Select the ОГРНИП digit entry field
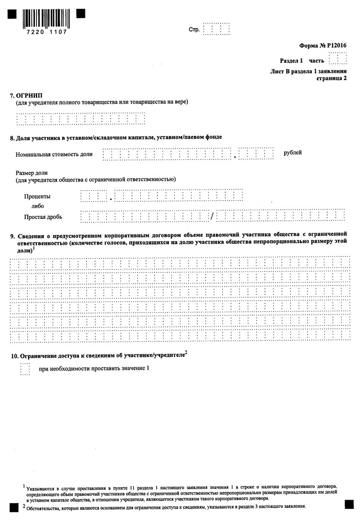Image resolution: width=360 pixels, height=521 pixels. [81, 119]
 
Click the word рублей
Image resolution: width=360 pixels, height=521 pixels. [293, 153]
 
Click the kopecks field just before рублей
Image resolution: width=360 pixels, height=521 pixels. [256, 154]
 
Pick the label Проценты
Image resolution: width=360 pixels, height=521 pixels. [37, 197]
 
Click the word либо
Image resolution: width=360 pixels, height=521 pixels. [37, 206]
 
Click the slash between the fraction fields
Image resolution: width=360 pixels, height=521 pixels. [212, 216]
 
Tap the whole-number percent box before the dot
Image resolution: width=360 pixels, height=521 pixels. [94, 196]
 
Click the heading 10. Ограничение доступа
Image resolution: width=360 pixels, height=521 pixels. [97, 356]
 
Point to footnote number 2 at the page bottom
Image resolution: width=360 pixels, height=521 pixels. [24, 506]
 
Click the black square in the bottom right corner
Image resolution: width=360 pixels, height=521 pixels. [348, 504]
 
